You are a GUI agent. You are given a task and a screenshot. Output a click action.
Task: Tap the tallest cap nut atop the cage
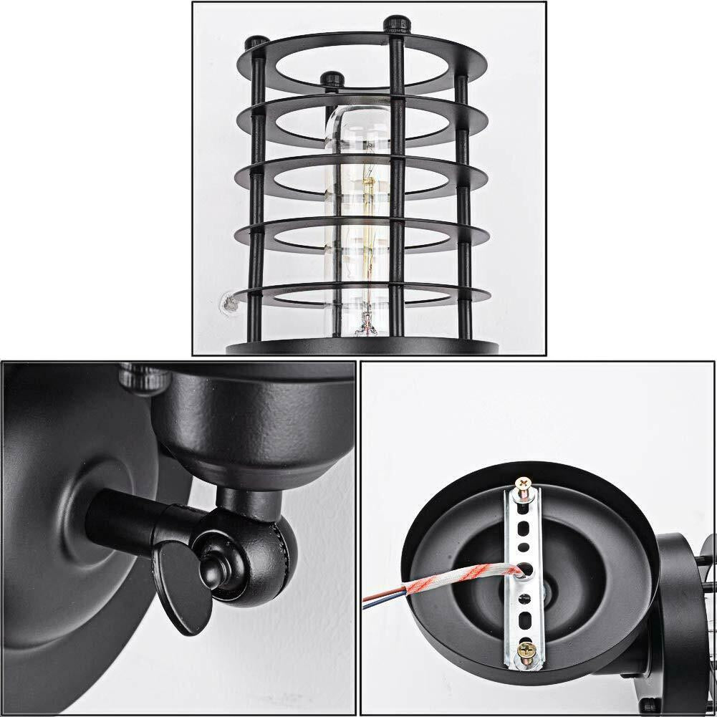pyautogui.click(x=395, y=24)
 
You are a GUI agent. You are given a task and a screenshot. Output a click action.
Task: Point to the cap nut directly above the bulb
pyautogui.click(x=330, y=77)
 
